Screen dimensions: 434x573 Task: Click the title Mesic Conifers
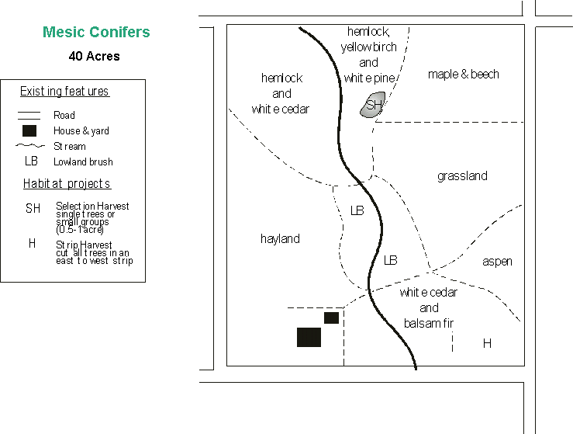coord(96,33)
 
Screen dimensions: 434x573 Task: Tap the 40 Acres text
coord(94,56)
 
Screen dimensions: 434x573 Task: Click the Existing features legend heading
coord(64,92)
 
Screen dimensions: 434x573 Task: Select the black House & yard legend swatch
coord(29,130)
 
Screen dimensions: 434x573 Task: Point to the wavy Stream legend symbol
coord(29,146)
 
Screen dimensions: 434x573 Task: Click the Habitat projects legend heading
coord(67,184)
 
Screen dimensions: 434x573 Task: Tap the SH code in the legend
coord(33,209)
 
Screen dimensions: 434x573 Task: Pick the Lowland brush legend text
coord(83,162)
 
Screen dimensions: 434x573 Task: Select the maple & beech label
coord(463,75)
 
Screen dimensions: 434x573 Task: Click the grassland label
coord(462,176)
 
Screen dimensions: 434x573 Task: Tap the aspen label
coord(497,262)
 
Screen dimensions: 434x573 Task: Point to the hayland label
coord(280,239)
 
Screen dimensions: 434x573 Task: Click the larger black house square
coord(309,337)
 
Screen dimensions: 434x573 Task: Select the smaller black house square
coord(331,318)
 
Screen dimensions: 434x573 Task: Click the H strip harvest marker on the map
coord(487,343)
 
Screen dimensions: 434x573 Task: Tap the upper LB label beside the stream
coord(357,210)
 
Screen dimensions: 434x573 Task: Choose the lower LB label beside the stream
coord(391,260)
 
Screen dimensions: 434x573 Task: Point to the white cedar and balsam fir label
coord(429,308)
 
